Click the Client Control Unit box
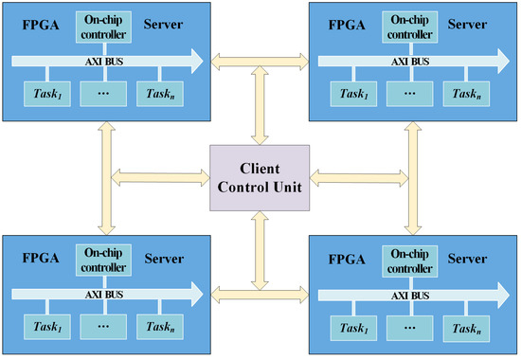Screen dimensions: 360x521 [260, 178]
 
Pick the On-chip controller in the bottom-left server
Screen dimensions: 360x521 [100, 261]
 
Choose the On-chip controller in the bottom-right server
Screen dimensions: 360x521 [407, 261]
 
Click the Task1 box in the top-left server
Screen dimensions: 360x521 [43, 95]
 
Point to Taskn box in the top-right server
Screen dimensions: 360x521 [464, 95]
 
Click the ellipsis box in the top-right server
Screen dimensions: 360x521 [407, 95]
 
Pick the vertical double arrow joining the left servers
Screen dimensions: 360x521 [100, 178]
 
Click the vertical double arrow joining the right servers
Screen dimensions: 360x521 [409, 178]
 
